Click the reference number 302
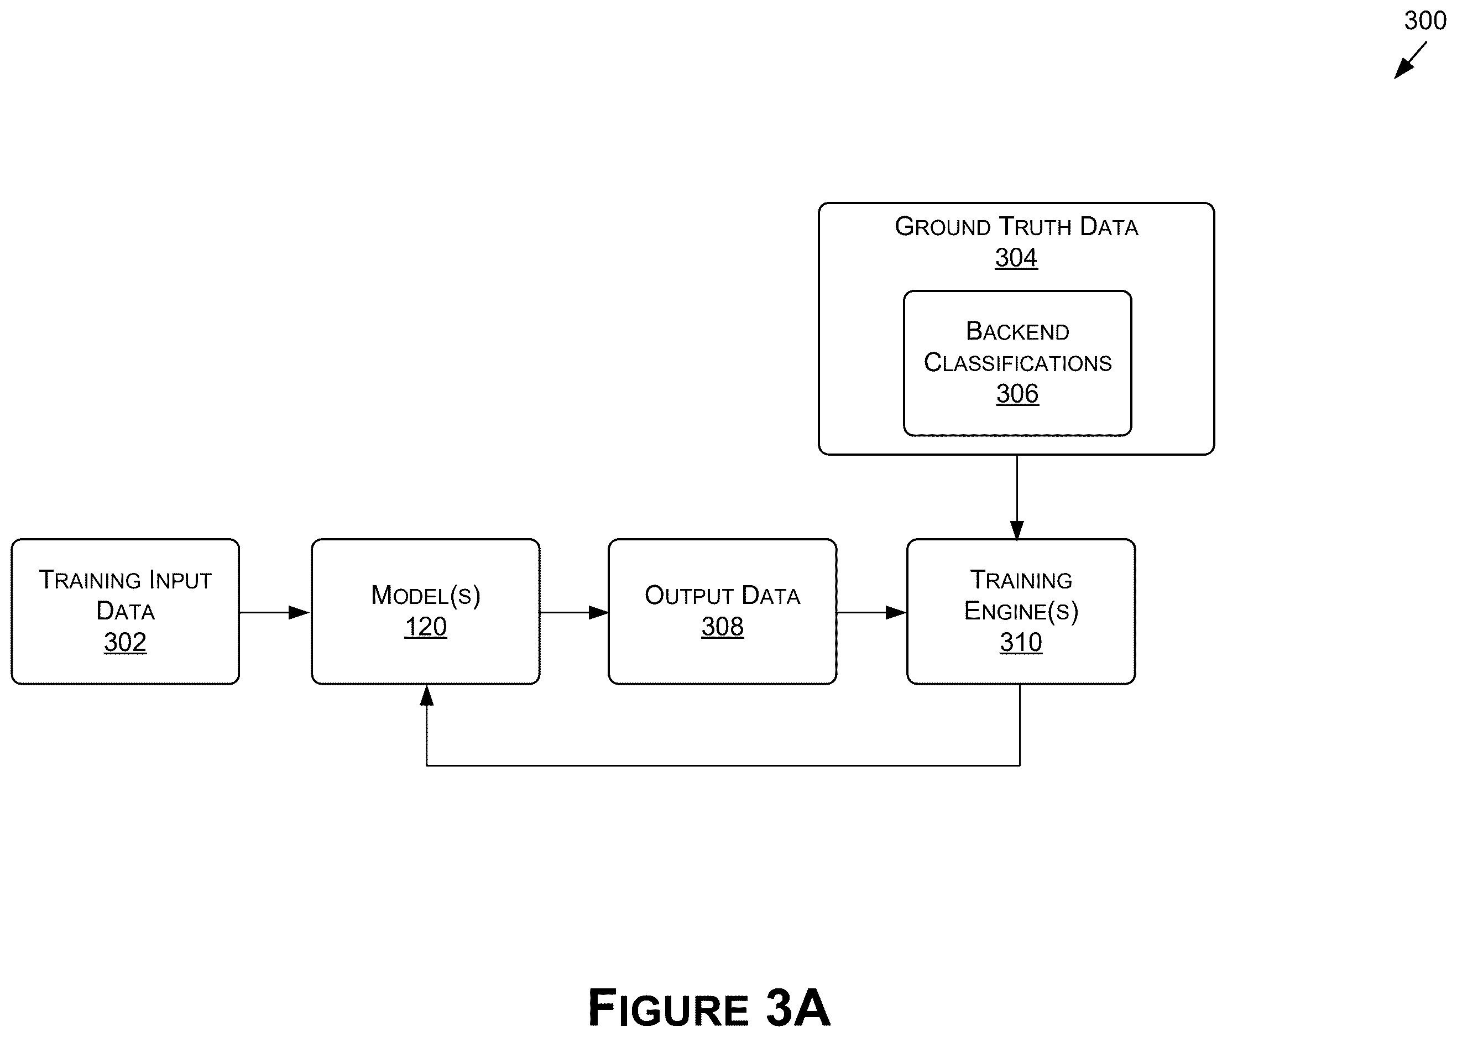pos(125,642)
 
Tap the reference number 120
pos(426,627)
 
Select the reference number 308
pos(722,627)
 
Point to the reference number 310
pos(1021,642)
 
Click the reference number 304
pos(1016,257)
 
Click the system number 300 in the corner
pos(1425,20)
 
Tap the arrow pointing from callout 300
pos(1410,61)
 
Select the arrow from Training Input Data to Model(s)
pos(274,612)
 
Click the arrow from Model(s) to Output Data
pos(574,612)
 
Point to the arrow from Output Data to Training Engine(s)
pos(871,612)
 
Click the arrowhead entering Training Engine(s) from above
pos(1017,530)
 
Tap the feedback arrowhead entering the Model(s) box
pos(426,695)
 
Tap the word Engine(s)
pos(1021,611)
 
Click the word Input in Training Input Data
pos(180,580)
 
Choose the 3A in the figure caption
pos(797,1008)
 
